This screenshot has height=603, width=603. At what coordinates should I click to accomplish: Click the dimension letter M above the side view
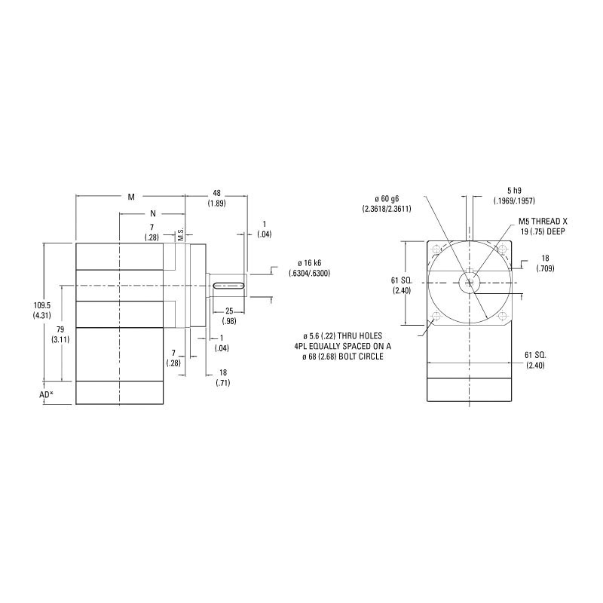coord(131,197)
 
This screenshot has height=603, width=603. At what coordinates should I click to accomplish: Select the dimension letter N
coord(153,213)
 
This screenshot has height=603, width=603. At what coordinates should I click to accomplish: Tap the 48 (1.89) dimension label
coord(216,198)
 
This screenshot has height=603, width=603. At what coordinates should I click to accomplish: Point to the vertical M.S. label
coord(181,235)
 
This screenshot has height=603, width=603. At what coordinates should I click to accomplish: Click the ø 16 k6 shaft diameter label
coord(309,268)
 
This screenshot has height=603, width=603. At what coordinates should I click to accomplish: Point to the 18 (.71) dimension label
coord(222,377)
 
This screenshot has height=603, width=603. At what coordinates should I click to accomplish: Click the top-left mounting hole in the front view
coord(435,249)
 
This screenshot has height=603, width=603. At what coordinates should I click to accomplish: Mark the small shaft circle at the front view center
coord(470,282)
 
